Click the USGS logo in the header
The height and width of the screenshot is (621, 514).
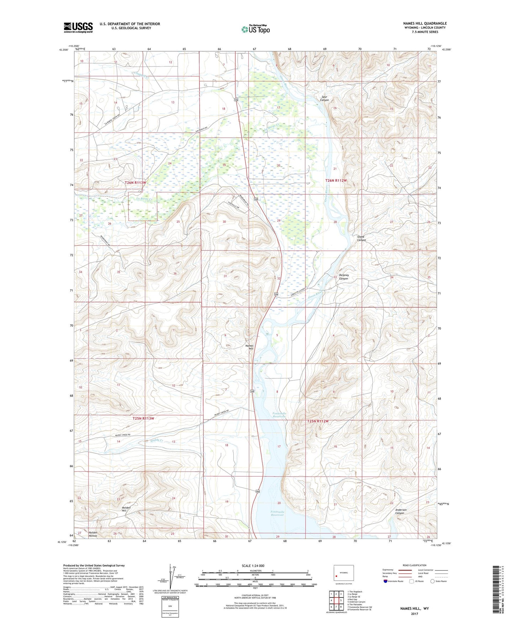tap(78, 27)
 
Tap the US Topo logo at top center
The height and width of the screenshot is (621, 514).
tap(255, 29)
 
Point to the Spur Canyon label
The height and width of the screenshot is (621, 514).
tap(324, 98)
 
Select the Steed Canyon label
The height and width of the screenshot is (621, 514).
tap(361, 238)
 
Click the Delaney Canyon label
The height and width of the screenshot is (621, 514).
tap(343, 277)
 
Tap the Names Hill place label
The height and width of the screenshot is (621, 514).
tap(250, 347)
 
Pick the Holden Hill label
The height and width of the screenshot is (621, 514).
tap(126, 509)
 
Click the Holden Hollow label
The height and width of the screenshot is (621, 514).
tap(93, 534)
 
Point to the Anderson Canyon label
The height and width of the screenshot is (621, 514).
tap(401, 511)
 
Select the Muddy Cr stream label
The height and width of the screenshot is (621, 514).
tap(157, 440)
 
